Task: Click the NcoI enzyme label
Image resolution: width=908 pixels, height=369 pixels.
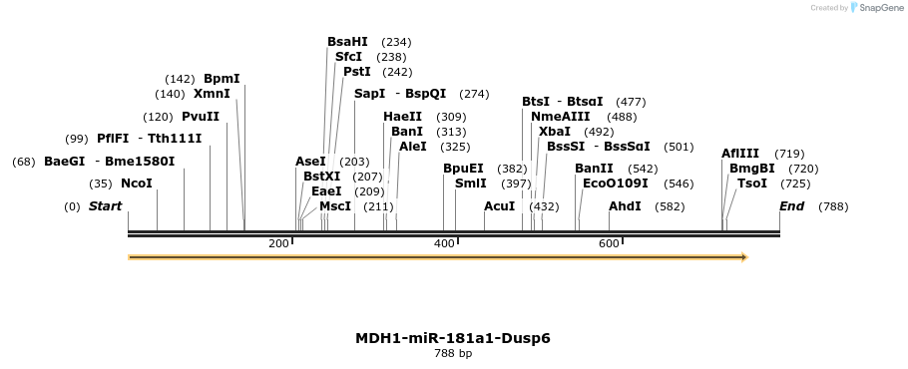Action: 137,184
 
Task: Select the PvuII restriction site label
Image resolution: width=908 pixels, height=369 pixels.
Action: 201,117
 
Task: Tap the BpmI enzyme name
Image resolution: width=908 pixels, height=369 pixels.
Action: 222,79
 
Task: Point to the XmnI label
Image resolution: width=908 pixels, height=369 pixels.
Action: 212,94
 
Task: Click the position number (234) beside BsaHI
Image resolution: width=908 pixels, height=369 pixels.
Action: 396,42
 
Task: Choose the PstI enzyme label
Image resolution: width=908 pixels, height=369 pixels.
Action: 357,72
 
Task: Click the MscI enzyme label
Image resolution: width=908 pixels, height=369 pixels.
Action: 335,206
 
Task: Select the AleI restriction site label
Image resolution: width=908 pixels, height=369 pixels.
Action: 413,147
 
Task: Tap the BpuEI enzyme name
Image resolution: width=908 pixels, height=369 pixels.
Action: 463,169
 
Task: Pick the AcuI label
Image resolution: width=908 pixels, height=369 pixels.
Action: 500,206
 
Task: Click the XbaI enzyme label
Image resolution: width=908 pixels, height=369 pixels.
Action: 555,132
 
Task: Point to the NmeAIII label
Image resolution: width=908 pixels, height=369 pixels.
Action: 561,117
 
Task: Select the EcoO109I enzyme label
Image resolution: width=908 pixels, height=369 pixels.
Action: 616,184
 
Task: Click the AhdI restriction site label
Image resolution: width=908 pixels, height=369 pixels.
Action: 625,206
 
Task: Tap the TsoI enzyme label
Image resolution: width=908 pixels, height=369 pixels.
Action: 752,184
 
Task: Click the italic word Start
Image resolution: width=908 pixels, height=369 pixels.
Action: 105,206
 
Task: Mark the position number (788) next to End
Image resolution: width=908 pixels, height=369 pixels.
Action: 833,206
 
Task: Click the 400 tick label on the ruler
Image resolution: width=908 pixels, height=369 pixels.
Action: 444,243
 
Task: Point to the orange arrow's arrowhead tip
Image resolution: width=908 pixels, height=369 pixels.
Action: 746,257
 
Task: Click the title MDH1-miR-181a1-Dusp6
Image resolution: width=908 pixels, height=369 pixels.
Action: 453,338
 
